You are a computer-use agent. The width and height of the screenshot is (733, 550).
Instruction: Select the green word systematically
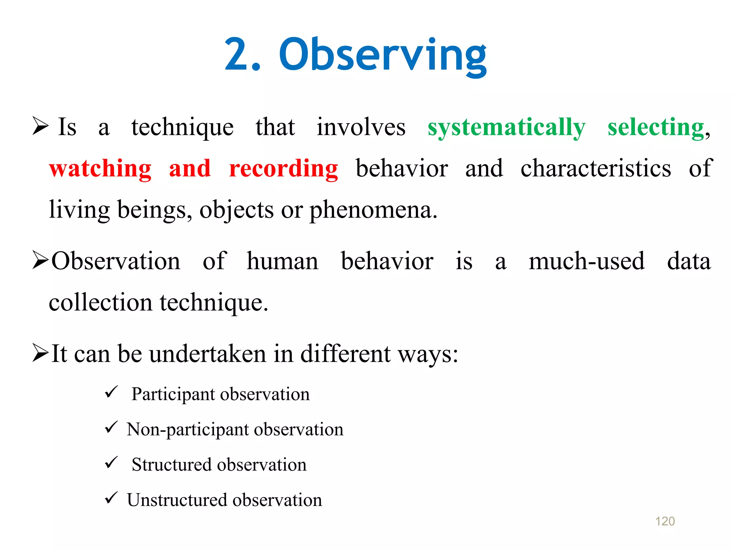pyautogui.click(x=506, y=128)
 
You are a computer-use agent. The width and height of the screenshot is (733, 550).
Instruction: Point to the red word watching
pyautogui.click(x=100, y=169)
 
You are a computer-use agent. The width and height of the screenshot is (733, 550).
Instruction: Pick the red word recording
pyautogui.click(x=283, y=169)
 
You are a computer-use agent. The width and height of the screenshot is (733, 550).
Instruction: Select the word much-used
pyautogui.click(x=587, y=261)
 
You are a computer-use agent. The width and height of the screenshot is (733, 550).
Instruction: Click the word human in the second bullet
pyautogui.click(x=282, y=261)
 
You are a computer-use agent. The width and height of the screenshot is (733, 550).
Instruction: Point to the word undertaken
pyautogui.click(x=208, y=354)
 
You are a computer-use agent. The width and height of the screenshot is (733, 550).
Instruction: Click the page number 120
pyautogui.click(x=665, y=521)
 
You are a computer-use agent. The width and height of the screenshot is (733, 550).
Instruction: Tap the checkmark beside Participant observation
pyautogui.click(x=111, y=392)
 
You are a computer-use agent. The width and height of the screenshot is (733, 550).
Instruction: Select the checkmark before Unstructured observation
pyautogui.click(x=111, y=498)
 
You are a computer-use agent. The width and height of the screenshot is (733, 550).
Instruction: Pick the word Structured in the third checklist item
pyautogui.click(x=171, y=464)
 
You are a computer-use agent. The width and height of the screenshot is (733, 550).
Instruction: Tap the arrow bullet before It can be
pyautogui.click(x=40, y=353)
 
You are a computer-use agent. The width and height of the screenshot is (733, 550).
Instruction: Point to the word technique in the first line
pyautogui.click(x=182, y=128)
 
